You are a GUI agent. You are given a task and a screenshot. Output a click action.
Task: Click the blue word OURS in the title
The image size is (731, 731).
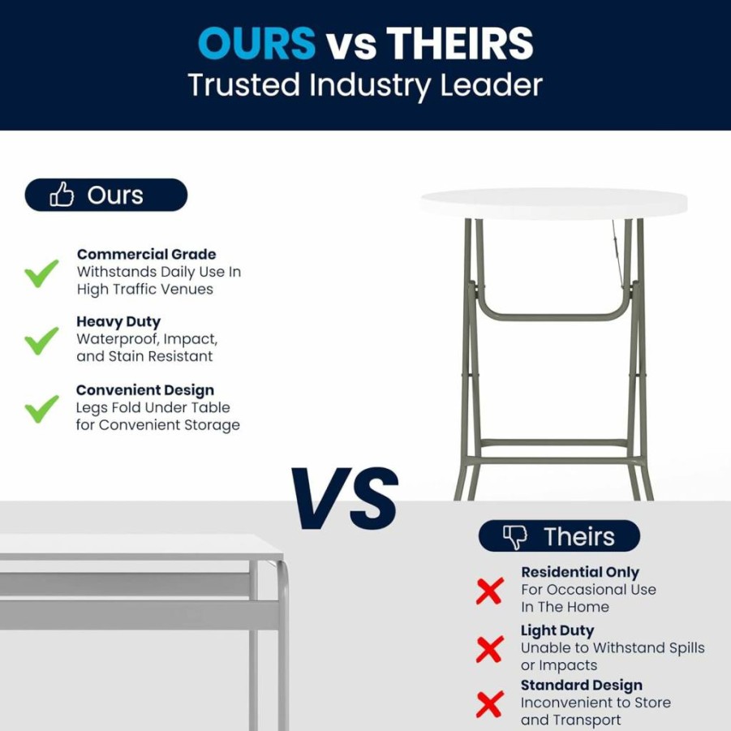click(x=257, y=43)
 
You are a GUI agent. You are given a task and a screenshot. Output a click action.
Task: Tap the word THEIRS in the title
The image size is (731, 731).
click(x=460, y=43)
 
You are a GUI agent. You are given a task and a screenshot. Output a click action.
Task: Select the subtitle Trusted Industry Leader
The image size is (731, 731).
click(x=365, y=85)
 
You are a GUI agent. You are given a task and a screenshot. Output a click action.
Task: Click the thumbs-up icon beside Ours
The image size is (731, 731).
click(x=62, y=194)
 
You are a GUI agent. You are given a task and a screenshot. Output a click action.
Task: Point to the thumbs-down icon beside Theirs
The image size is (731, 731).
click(x=514, y=537)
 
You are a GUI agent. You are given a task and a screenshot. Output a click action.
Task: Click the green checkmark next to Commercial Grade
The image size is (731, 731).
click(x=41, y=273)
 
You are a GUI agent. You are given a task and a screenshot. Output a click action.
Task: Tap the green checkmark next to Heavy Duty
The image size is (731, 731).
click(x=41, y=340)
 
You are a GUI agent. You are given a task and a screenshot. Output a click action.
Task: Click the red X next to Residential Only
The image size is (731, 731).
click(x=490, y=591)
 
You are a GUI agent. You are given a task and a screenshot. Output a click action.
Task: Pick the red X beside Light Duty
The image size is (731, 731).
click(x=490, y=648)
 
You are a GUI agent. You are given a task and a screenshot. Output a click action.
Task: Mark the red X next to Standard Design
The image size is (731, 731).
click(x=490, y=704)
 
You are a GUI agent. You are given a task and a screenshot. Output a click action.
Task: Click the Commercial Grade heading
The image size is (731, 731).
click(x=146, y=254)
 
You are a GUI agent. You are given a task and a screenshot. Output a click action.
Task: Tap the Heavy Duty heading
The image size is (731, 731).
click(x=118, y=321)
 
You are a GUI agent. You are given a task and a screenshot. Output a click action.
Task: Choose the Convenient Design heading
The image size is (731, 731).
click(x=145, y=390)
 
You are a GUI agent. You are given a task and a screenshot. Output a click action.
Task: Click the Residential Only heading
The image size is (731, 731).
click(x=580, y=572)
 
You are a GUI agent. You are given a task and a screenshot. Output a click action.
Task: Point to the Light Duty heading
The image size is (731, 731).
click(x=557, y=630)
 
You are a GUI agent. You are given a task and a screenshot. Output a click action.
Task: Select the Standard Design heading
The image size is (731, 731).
click(x=582, y=686)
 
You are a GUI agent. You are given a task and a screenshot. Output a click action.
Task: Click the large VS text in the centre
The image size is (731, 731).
click(x=345, y=498)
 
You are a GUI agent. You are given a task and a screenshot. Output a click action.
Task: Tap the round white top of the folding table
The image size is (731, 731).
click(x=554, y=204)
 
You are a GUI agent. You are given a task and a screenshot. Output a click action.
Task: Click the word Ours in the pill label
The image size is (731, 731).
click(x=115, y=195)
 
